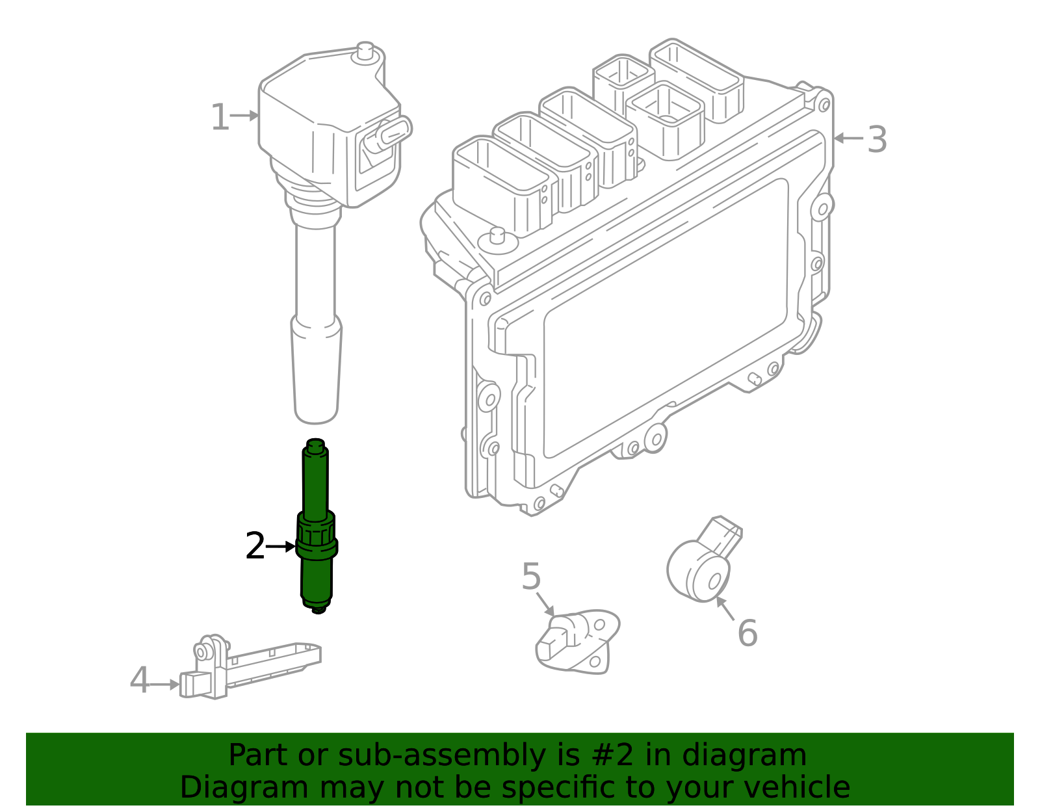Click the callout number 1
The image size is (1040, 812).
coord(220,118)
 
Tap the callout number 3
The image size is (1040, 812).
coord(877,140)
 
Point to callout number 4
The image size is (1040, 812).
coord(139,681)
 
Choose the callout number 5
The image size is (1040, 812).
coord(531,577)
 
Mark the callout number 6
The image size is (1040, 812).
coord(747,633)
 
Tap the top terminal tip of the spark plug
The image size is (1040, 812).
coord(315,445)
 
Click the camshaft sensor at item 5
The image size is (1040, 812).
coord(575,640)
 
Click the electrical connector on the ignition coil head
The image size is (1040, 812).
coord(389,134)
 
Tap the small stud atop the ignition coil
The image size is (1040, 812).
coord(365,52)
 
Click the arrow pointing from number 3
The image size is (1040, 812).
coord(848,138)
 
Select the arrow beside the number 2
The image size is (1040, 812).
coord(281,547)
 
